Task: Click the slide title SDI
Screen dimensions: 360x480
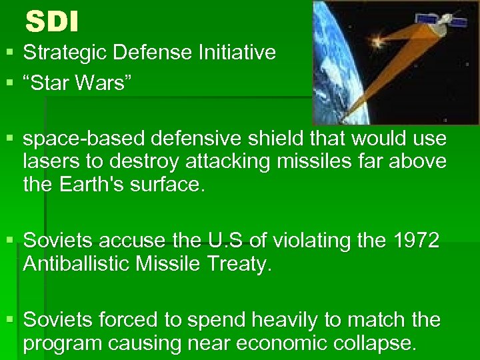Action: pos(52,23)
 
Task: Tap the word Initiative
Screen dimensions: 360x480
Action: pos(237,53)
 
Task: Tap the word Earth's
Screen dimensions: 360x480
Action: pos(104,183)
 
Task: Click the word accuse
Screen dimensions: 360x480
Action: pos(126,241)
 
